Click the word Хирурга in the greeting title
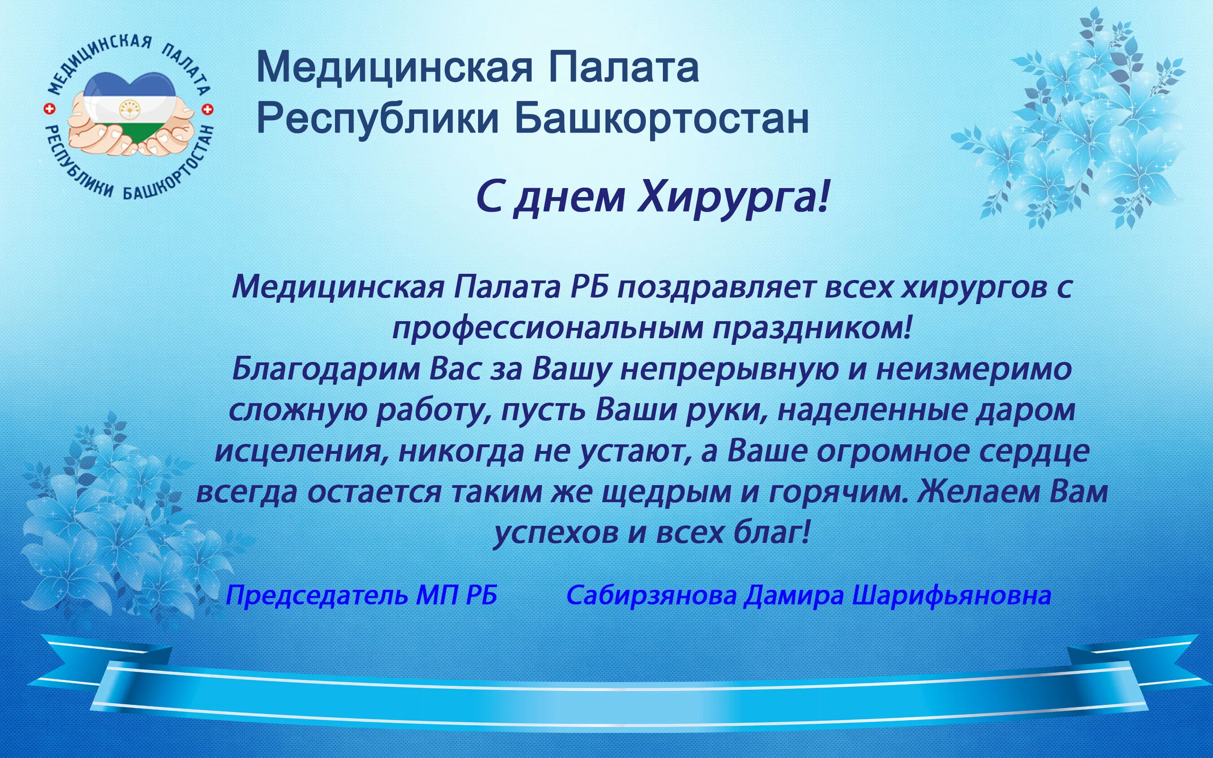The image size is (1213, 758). pyautogui.click(x=733, y=198)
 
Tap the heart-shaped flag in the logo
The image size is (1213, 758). pyautogui.click(x=129, y=110)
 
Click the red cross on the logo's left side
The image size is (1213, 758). pyautogui.click(x=50, y=109)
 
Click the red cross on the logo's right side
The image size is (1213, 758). pyautogui.click(x=208, y=109)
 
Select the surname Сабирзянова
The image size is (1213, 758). pyautogui.click(x=652, y=596)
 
